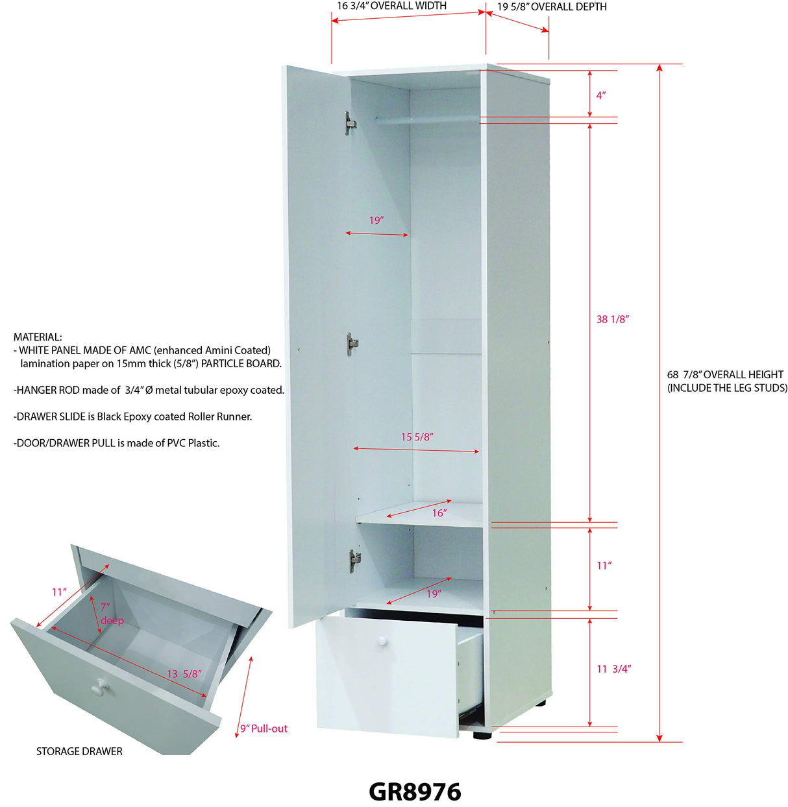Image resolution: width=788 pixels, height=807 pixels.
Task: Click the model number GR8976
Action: (415, 791)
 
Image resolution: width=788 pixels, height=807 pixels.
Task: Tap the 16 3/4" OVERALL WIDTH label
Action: (391, 6)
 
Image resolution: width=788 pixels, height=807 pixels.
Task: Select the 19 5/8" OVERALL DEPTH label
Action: (552, 6)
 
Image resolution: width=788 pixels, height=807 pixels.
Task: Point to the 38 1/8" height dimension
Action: (613, 319)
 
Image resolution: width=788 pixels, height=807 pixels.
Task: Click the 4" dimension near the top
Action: (601, 95)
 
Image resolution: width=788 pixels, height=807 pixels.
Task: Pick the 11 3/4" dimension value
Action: (613, 669)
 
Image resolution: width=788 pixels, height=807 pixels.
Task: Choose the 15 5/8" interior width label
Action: (417, 437)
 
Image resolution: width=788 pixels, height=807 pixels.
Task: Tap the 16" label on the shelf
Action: (439, 513)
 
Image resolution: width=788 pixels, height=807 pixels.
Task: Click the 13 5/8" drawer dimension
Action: (184, 674)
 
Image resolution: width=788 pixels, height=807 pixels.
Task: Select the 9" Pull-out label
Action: (264, 729)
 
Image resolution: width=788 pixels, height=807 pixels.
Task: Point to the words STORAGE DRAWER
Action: (79, 751)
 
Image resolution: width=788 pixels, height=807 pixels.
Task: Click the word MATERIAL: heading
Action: (38, 337)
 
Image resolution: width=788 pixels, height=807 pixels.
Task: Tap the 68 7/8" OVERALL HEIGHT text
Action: (725, 375)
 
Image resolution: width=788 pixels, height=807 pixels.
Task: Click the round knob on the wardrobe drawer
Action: (382, 641)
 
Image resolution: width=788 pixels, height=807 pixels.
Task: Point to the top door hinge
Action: (350, 122)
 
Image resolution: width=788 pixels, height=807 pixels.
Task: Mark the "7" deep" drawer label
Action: (111, 614)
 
